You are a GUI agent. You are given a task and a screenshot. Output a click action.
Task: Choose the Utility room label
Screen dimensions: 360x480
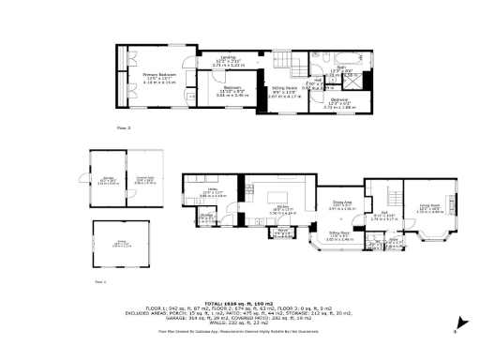[x=204, y=192]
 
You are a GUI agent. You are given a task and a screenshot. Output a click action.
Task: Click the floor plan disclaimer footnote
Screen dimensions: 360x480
[x=240, y=331]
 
